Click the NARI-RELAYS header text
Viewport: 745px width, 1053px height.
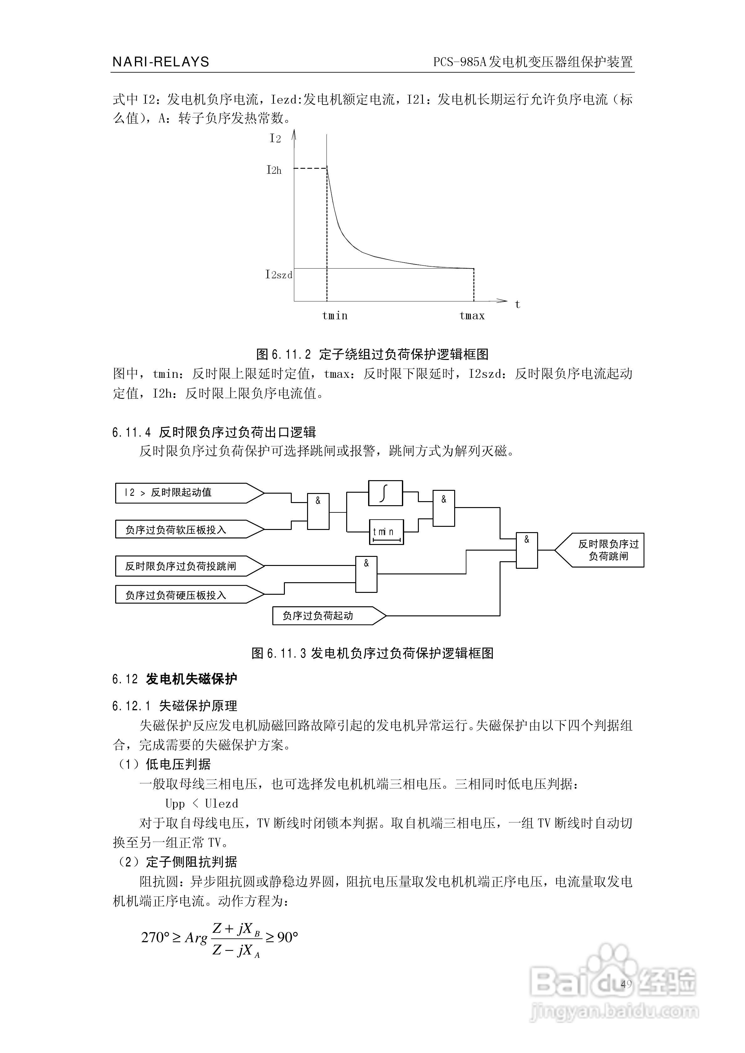click(x=161, y=62)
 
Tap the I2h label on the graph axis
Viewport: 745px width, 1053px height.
click(x=274, y=170)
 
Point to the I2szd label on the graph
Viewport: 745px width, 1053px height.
click(x=279, y=275)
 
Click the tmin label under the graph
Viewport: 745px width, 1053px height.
click(x=335, y=316)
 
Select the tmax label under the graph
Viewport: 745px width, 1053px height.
click(x=472, y=316)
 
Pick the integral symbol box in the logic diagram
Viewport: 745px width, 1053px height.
click(x=385, y=493)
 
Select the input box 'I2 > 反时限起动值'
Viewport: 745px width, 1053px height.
click(x=183, y=493)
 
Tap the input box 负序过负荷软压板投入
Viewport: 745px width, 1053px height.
click(x=183, y=530)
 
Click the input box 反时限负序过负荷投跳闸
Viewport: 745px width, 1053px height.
click(x=183, y=566)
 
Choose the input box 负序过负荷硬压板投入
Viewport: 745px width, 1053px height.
click(x=183, y=595)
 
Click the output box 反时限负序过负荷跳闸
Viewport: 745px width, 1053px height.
click(x=605, y=550)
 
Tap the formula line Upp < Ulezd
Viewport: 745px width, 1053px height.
click(x=202, y=804)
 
